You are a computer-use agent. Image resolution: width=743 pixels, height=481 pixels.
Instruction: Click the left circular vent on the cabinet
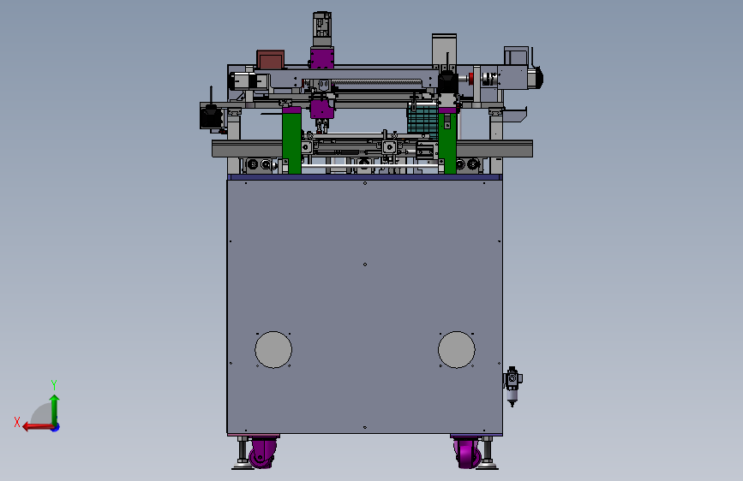pyautogui.click(x=273, y=349)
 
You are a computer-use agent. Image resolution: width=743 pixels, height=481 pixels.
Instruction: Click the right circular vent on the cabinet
pyautogui.click(x=456, y=349)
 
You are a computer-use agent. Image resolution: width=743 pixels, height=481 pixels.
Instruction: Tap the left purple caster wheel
pyautogui.click(x=262, y=453)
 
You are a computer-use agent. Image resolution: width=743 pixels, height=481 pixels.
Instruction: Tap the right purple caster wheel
pyautogui.click(x=468, y=453)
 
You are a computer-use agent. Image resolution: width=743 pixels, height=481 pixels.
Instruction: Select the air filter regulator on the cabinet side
pyautogui.click(x=512, y=386)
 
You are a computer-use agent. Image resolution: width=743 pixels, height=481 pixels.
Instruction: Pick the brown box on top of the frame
pyautogui.click(x=271, y=60)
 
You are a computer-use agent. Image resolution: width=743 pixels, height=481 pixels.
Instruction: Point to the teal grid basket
pyautogui.click(x=422, y=120)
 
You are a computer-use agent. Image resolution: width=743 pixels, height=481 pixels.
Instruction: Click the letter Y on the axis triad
pyautogui.click(x=54, y=384)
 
